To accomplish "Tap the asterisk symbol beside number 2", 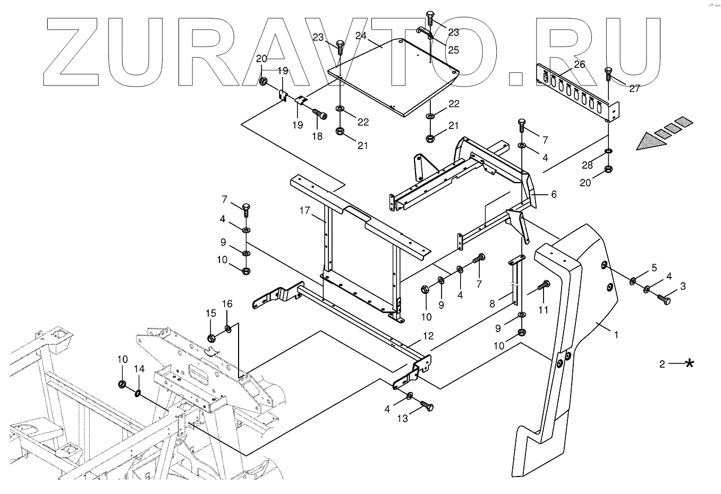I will (x=690, y=363).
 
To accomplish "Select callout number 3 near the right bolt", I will (x=683, y=287).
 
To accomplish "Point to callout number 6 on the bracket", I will (x=554, y=195).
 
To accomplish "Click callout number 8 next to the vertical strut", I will (x=492, y=304).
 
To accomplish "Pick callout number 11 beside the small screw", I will (x=542, y=310).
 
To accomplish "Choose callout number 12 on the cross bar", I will (x=428, y=336).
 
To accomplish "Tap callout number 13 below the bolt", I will (x=403, y=419).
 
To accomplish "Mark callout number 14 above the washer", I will (x=139, y=369).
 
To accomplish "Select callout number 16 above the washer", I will (x=227, y=304).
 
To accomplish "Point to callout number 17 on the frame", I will (x=304, y=211).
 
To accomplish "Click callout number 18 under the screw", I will (x=317, y=136).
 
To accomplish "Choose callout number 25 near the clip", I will (x=453, y=50).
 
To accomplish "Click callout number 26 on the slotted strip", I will (x=579, y=65).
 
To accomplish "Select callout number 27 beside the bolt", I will (x=635, y=89).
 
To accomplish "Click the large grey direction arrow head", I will (x=649, y=142).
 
